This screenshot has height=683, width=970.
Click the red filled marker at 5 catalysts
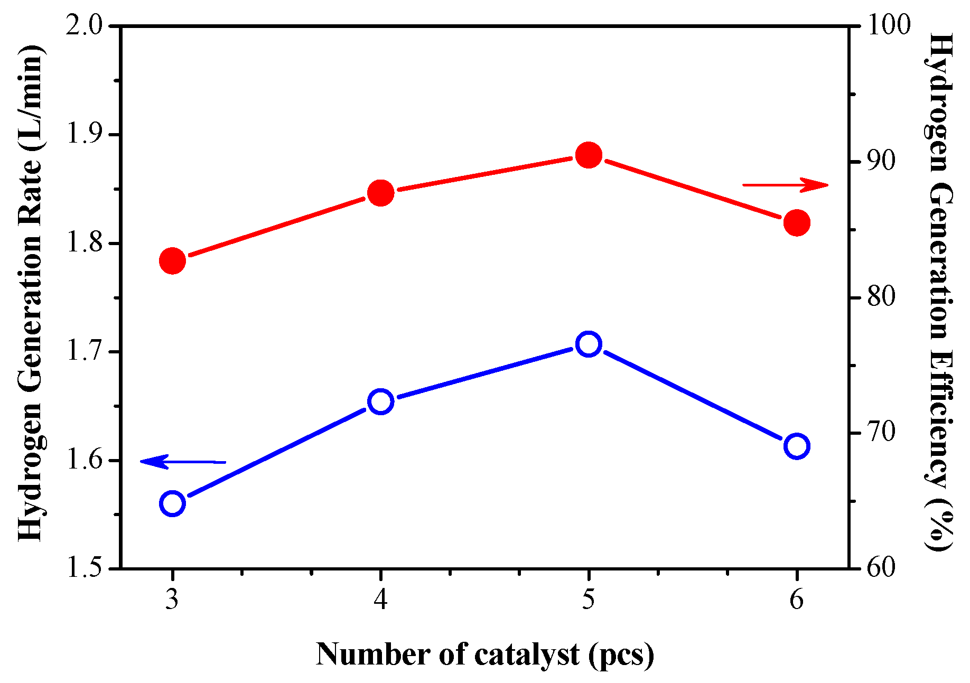point(589,155)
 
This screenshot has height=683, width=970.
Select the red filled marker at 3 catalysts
point(172,260)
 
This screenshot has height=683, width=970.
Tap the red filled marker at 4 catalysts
point(380,193)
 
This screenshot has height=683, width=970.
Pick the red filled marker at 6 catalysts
point(797,222)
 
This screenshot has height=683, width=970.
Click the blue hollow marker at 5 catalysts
point(589,344)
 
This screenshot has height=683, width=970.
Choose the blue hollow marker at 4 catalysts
point(380,402)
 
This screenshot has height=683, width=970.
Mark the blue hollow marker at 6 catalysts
point(797,446)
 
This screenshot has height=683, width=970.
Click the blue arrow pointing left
point(183,462)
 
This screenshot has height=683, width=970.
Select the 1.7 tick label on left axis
point(85,351)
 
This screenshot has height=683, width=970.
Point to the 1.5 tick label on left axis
point(85,568)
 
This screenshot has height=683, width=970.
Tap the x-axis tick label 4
point(380,600)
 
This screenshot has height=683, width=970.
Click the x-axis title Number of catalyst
point(485,655)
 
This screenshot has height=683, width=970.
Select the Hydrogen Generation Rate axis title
point(31,293)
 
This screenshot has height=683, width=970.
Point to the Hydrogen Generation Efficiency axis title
point(940,293)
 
